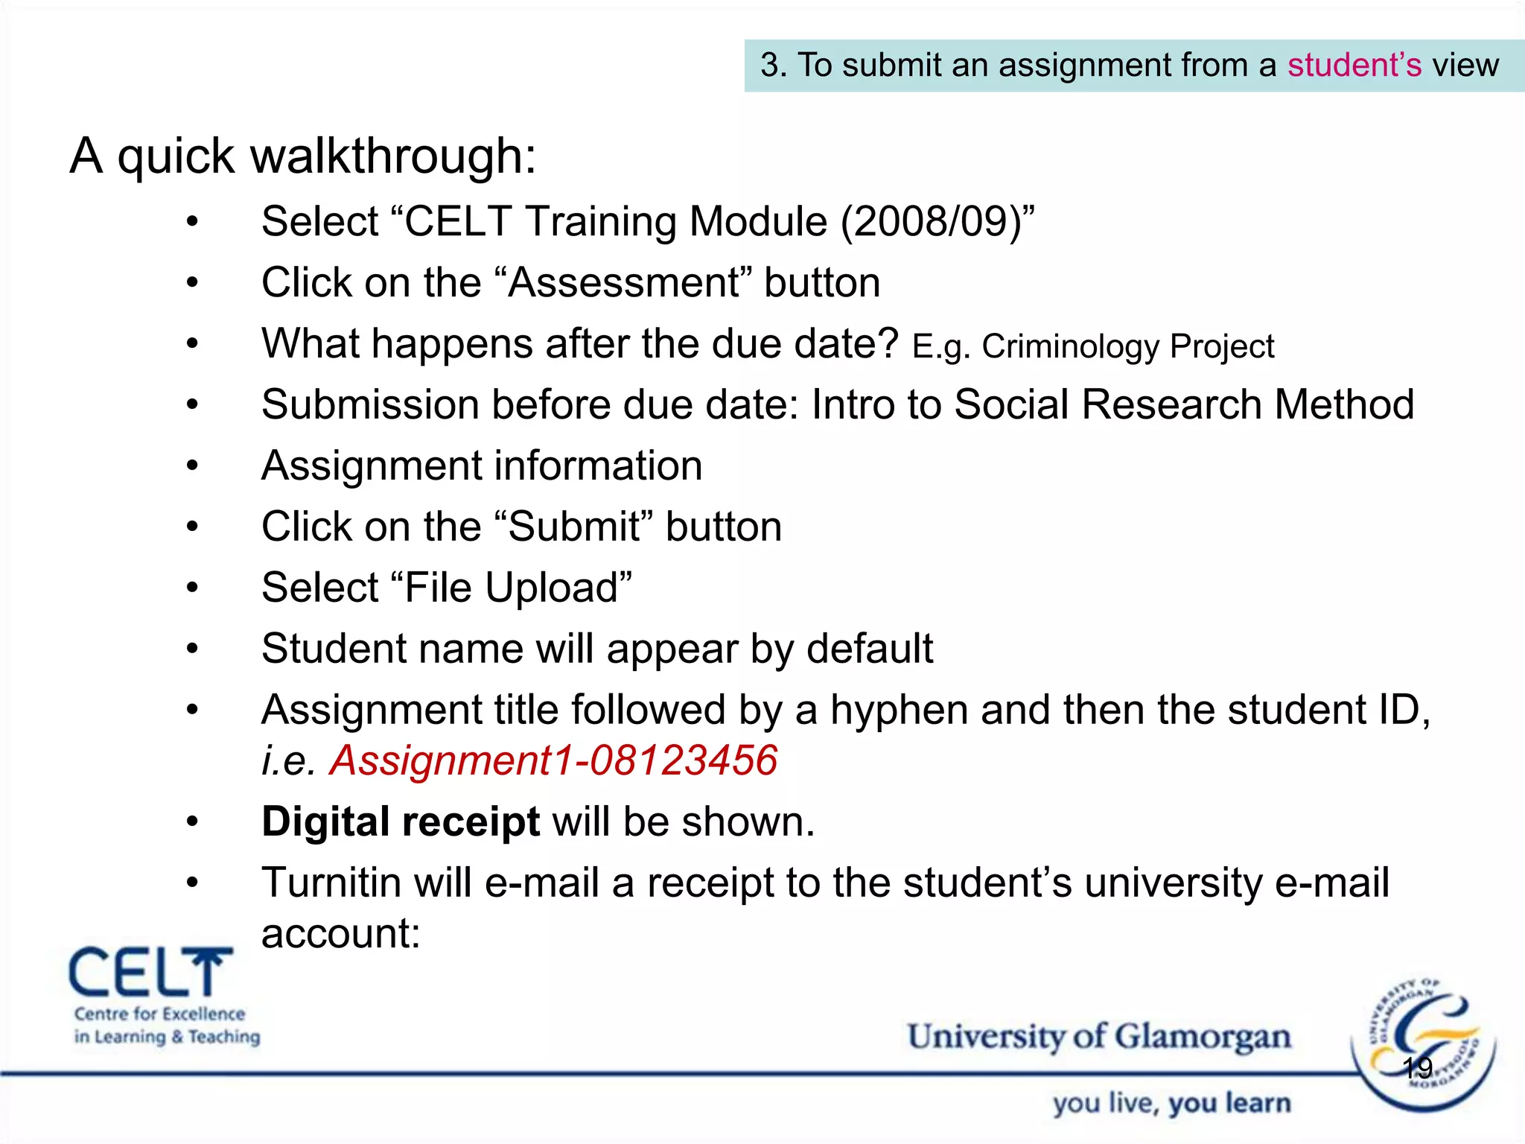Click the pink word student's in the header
point(1354,66)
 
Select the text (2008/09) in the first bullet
point(931,222)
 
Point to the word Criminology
point(1072,347)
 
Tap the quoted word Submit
point(574,527)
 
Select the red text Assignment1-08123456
point(553,761)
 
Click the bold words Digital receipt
point(401,822)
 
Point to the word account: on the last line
point(341,934)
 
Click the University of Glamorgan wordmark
point(1098,1037)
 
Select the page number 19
point(1417,1068)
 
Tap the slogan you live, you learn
point(1171,1104)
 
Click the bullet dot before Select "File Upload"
point(193,588)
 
